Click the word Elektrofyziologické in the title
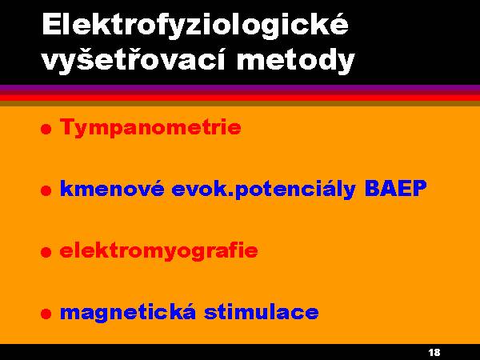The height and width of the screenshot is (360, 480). (195, 26)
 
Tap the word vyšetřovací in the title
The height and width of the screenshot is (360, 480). (134, 60)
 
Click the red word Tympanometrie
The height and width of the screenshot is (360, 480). (150, 127)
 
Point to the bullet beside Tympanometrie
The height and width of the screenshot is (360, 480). (46, 129)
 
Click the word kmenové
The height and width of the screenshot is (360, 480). (112, 188)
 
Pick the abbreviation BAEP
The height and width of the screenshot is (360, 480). (395, 188)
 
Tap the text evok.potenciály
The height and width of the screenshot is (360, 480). (263, 190)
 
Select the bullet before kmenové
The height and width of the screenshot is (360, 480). (46, 190)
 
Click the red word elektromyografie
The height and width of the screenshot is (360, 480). (159, 251)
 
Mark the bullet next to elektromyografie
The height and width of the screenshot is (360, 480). (46, 252)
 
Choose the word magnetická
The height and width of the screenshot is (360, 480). (128, 312)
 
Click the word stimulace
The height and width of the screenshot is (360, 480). (262, 311)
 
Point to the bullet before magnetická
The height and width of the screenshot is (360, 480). (46, 314)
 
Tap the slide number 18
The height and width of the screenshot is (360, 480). (434, 352)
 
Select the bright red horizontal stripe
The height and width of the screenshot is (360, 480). (240, 98)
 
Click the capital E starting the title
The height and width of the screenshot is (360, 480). (52, 24)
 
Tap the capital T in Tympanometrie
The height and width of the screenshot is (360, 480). (69, 126)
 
